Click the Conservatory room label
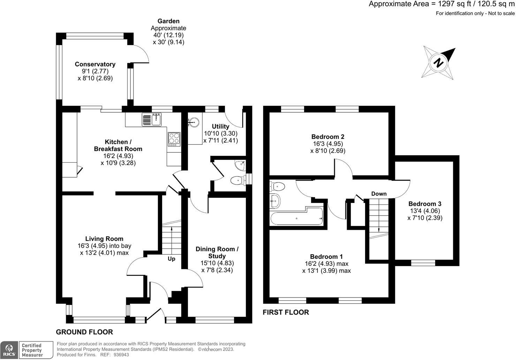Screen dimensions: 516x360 95,64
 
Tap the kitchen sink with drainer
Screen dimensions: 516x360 152,119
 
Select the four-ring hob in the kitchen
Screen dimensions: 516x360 174,139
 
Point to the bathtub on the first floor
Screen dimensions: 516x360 297,216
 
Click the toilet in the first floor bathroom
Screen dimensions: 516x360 278,186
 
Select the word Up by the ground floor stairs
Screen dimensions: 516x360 172,259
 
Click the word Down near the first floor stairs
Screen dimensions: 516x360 379,194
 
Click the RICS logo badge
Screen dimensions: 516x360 9,350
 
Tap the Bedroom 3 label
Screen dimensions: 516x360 425,204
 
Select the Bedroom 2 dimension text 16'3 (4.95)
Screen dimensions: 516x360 328,144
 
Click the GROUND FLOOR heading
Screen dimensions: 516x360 84,332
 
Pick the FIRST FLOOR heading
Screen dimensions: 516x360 286,312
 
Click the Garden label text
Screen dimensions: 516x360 168,21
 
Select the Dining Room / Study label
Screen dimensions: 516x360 217,252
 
